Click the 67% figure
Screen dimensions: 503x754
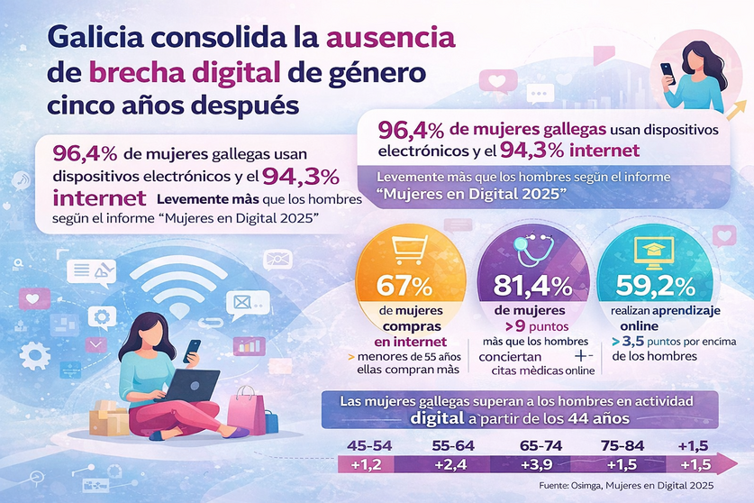point(406,286)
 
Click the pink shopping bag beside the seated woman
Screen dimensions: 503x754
point(248,410)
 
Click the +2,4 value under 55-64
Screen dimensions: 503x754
point(450,465)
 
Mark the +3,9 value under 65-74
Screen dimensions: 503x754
point(537,465)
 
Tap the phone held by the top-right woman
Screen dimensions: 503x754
point(668,69)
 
